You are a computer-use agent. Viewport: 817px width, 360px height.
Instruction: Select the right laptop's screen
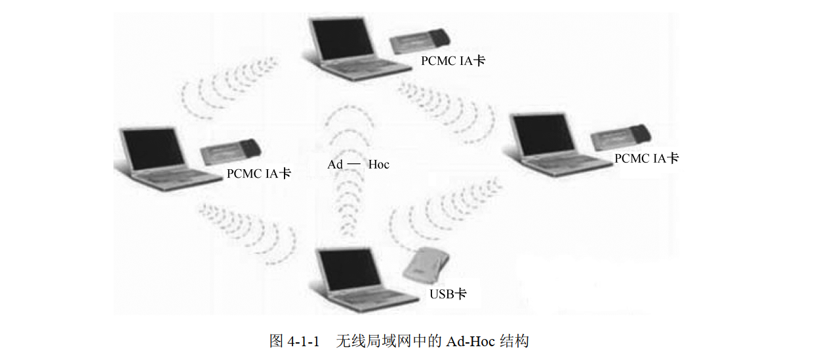pos(542,135)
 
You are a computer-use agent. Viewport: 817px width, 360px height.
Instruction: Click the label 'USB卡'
pos(448,294)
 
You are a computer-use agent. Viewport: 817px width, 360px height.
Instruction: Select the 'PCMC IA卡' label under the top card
pos(453,61)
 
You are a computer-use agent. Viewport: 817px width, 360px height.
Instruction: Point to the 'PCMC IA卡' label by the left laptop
pos(258,174)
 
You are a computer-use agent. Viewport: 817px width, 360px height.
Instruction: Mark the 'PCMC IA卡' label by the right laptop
pos(646,158)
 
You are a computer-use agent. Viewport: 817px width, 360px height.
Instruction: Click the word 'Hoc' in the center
pos(378,164)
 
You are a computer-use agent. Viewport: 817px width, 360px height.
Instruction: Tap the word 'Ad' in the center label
pos(335,164)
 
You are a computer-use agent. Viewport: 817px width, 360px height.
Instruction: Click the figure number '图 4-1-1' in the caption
pos(294,341)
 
